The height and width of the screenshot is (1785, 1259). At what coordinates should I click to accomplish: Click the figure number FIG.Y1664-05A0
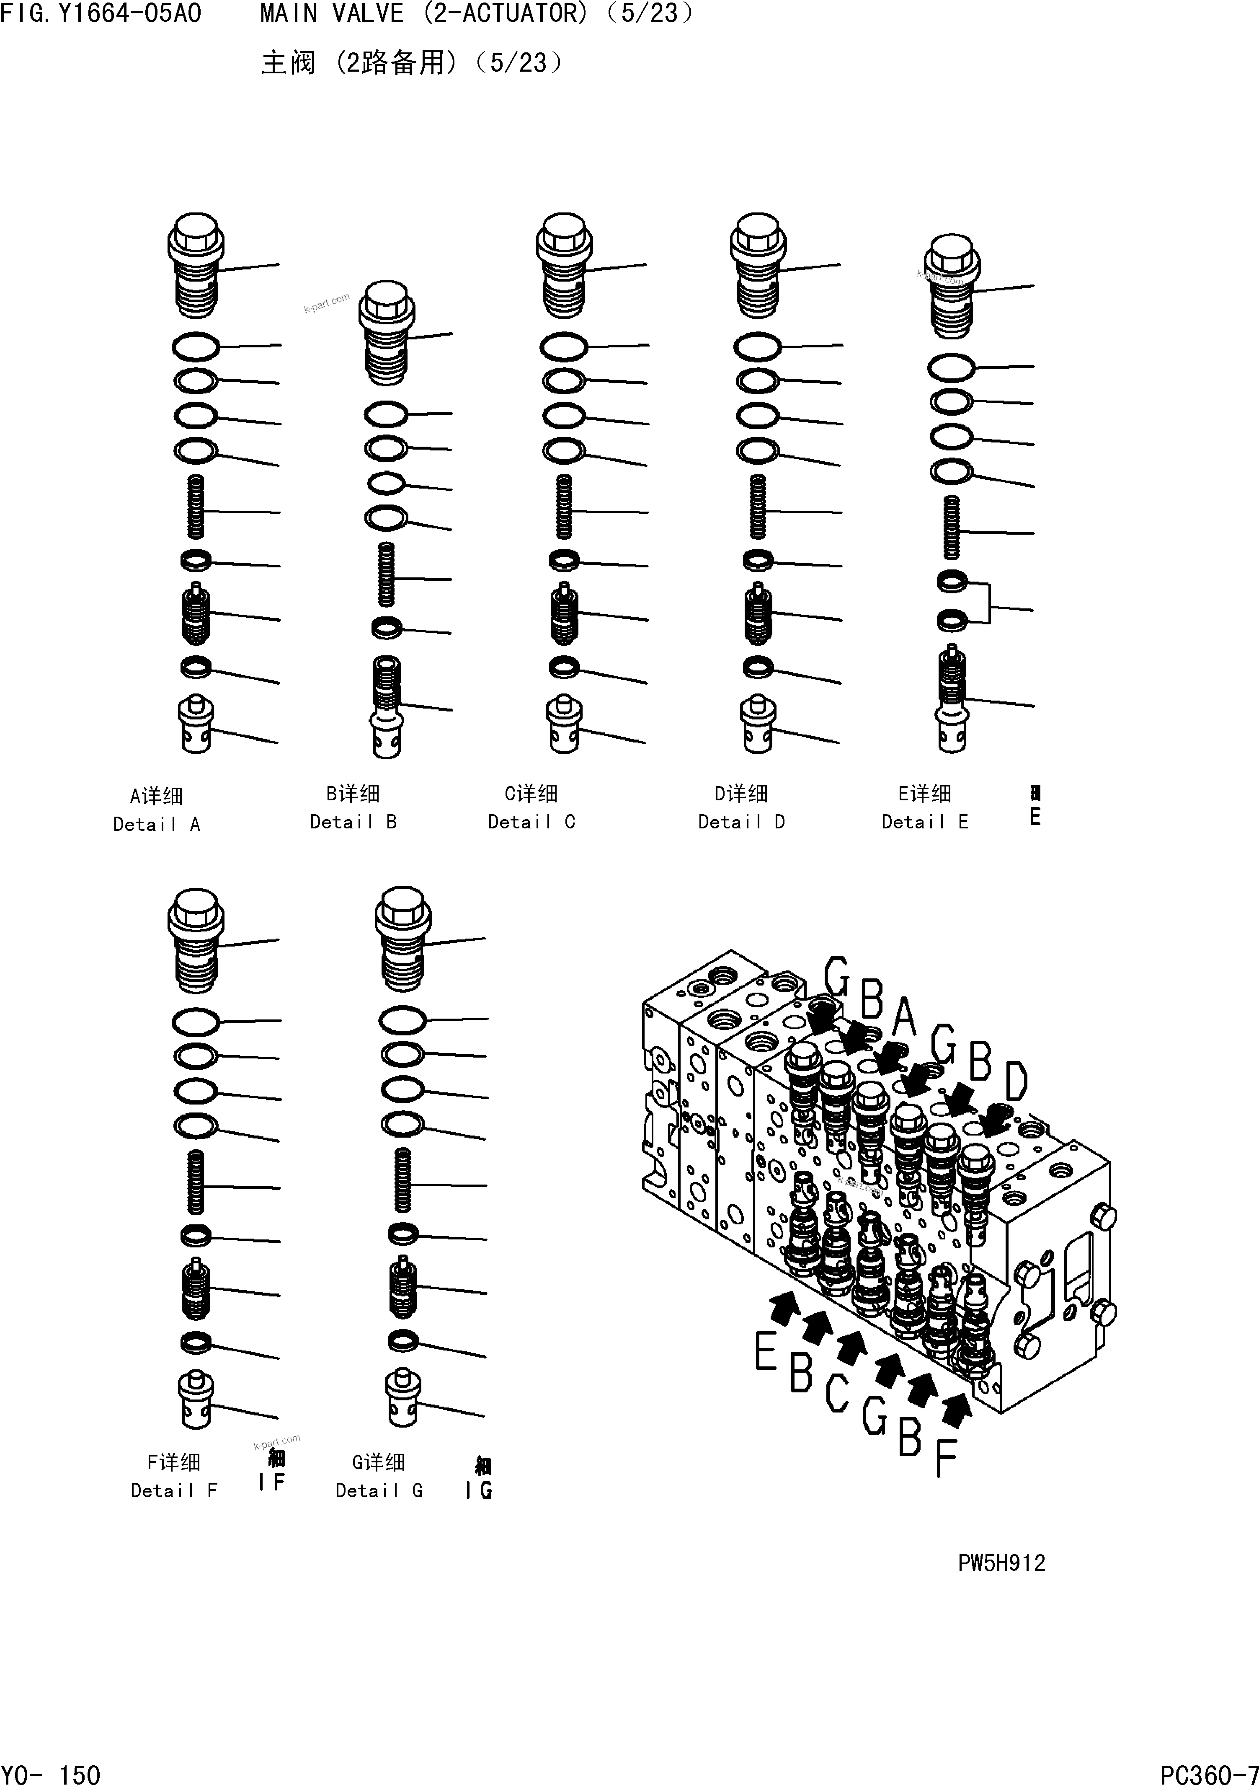(x=101, y=13)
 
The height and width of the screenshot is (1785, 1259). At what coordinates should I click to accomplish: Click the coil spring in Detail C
(x=564, y=507)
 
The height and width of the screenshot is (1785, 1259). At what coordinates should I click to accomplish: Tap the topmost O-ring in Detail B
(x=386, y=414)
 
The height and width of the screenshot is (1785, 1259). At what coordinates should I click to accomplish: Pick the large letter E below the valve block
(x=766, y=1351)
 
